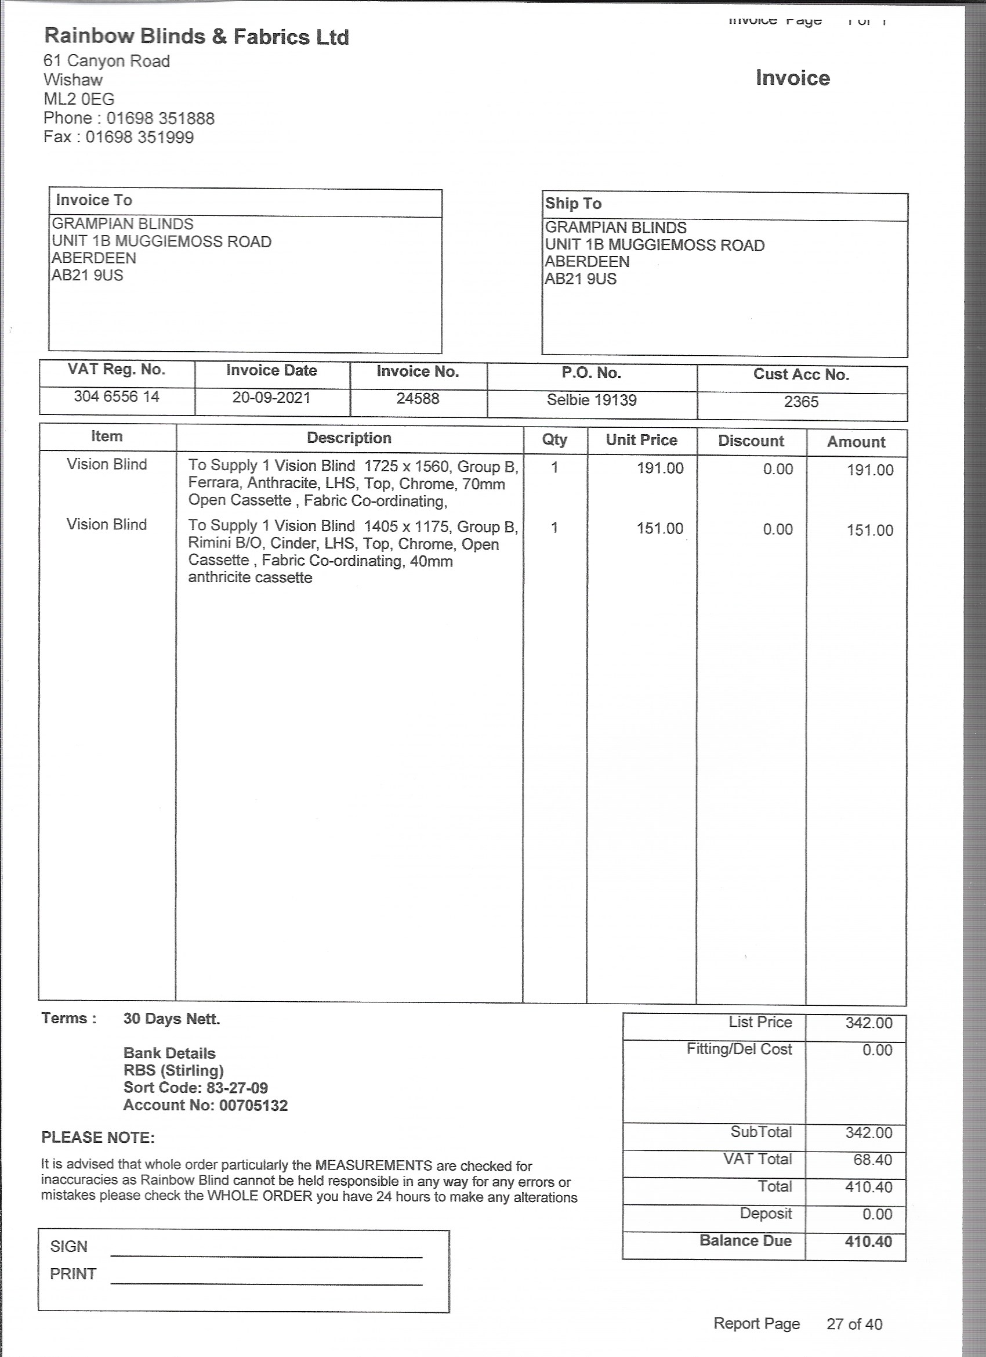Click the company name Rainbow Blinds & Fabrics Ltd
pyautogui.click(x=196, y=37)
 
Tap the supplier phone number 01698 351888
pyautogui.click(x=160, y=118)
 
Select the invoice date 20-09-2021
pyautogui.click(x=271, y=398)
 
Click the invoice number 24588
pyautogui.click(x=418, y=399)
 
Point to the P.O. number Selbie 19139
pyautogui.click(x=592, y=400)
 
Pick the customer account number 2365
pyautogui.click(x=800, y=402)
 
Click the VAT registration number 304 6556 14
pyautogui.click(x=117, y=396)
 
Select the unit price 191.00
pyautogui.click(x=659, y=468)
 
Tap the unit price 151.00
pyautogui.click(x=659, y=529)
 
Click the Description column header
pyautogui.click(x=349, y=438)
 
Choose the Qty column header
pyautogui.click(x=554, y=440)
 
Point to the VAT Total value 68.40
pyautogui.click(x=872, y=1160)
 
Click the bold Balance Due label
pyautogui.click(x=745, y=1241)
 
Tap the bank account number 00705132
pyautogui.click(x=253, y=1105)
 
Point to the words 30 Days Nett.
pyautogui.click(x=172, y=1019)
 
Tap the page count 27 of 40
pyautogui.click(x=854, y=1324)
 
